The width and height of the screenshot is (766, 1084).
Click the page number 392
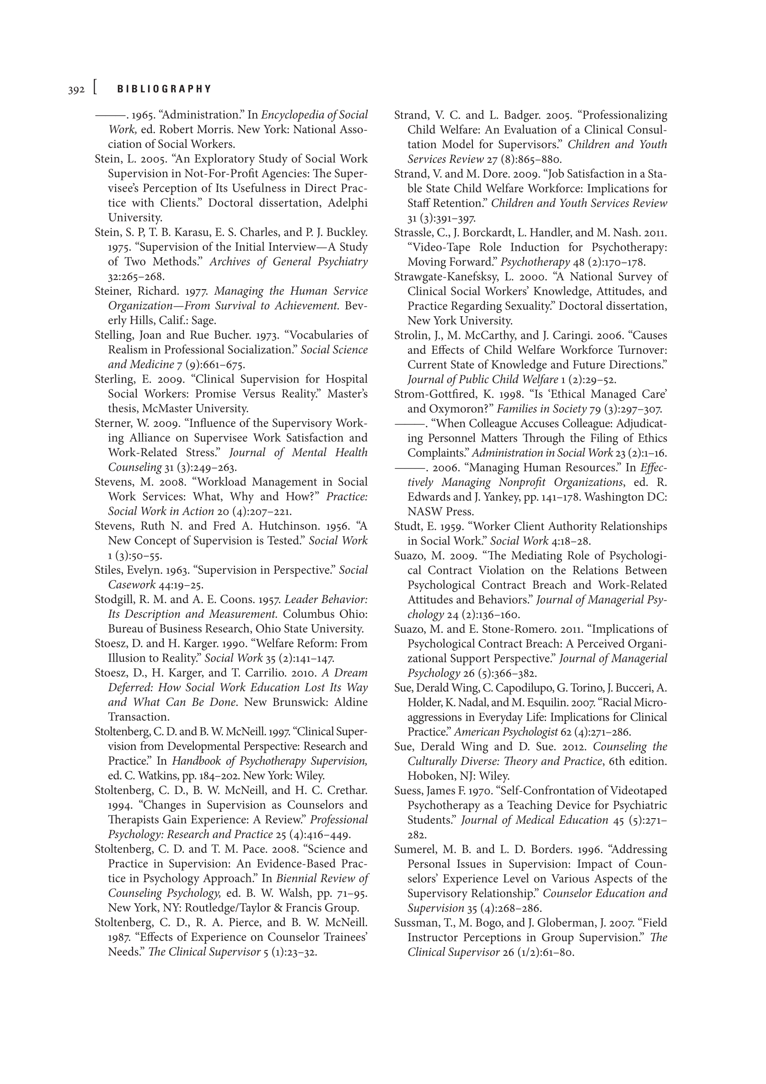76,90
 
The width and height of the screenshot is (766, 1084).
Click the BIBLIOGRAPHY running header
164,89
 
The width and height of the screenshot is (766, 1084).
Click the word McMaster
167,409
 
